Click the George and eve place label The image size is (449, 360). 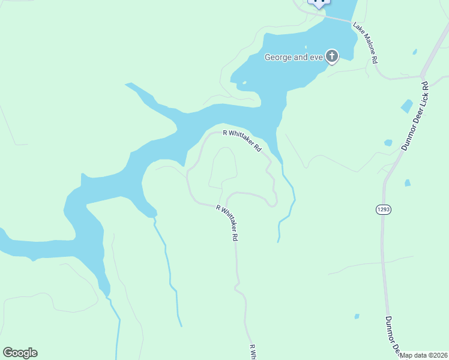pyautogui.click(x=294, y=58)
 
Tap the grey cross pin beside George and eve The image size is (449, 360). pyautogui.click(x=332, y=57)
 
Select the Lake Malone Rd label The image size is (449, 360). pyautogui.click(x=365, y=43)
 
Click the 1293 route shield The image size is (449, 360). pyautogui.click(x=384, y=209)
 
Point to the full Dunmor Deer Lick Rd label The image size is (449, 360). pyautogui.click(x=414, y=116)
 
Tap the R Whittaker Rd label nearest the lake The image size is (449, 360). pyautogui.click(x=243, y=140)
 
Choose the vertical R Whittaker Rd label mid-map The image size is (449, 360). pyautogui.click(x=228, y=223)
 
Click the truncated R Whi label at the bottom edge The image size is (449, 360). pyautogui.click(x=253, y=352)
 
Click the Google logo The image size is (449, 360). pyautogui.click(x=20, y=353)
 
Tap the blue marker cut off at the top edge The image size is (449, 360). pyautogui.click(x=319, y=2)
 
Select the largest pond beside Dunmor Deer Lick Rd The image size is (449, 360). pyautogui.click(x=406, y=106)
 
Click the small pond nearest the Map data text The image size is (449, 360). pyautogui.click(x=357, y=316)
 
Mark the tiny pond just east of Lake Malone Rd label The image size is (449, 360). pyautogui.click(x=414, y=52)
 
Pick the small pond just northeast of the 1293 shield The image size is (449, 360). pyautogui.click(x=408, y=182)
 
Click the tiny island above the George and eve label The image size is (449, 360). pyautogui.click(x=306, y=47)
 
